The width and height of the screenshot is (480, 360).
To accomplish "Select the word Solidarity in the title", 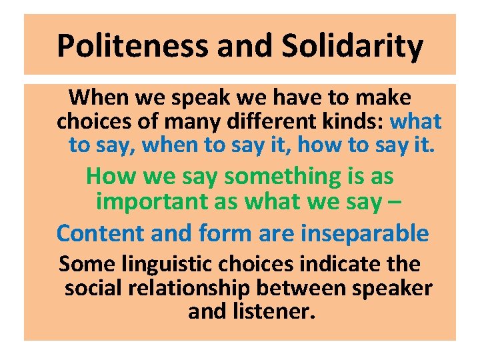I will click(353, 46).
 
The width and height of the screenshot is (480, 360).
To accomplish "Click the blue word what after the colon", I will click(415, 121).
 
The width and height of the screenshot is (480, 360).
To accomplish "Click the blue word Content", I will click(99, 233).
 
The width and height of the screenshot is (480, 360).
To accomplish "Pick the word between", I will click(308, 289).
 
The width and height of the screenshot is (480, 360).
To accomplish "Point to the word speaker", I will click(396, 290).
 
